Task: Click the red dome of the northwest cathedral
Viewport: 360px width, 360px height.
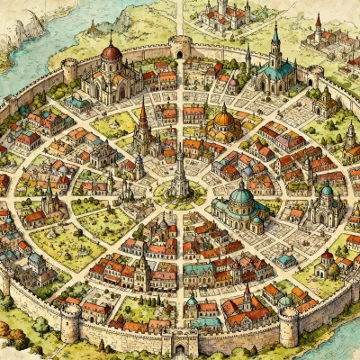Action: (x=111, y=53)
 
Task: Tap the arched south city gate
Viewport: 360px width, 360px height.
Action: (x=179, y=343)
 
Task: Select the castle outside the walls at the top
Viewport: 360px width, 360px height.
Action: (x=226, y=13)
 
